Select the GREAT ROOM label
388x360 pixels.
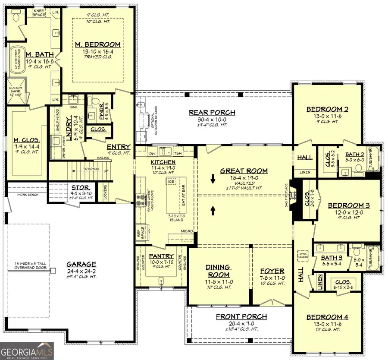(x=244, y=171)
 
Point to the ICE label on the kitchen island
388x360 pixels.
(x=171, y=182)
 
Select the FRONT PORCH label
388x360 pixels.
(x=241, y=316)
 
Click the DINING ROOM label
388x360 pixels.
(x=218, y=271)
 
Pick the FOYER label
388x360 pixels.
(x=272, y=272)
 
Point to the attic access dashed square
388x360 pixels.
(x=302, y=256)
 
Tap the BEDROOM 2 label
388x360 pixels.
(x=327, y=109)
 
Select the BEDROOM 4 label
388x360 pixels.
(x=327, y=317)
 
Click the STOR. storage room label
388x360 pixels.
(x=81, y=188)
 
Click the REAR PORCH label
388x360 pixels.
(x=212, y=112)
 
